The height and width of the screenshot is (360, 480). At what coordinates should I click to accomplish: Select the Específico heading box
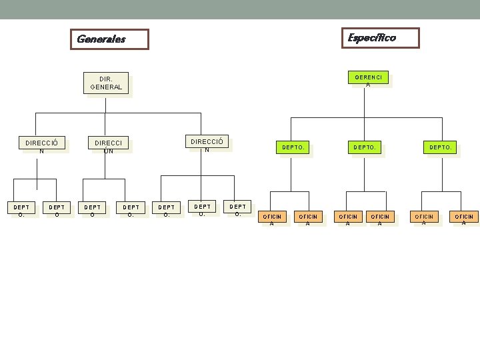coord(380,38)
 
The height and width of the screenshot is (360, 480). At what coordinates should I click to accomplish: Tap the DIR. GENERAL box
coord(106,83)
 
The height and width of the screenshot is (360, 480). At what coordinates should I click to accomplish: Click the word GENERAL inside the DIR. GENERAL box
coord(106,87)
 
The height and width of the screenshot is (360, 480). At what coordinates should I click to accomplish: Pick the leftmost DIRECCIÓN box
coord(41,146)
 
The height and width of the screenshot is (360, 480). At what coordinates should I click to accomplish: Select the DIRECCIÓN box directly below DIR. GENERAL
coord(108,146)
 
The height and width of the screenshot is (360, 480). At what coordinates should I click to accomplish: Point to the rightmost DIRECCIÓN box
coord(207,144)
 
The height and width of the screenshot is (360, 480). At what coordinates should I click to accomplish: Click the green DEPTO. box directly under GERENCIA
coord(365,147)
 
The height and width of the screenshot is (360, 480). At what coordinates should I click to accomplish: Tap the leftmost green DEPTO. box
coord(293,147)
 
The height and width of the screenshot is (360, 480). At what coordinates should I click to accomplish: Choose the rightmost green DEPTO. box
coord(441,147)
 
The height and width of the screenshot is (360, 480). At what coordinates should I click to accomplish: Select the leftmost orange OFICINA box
coord(272,219)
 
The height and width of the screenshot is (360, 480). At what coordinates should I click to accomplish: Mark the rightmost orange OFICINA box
coord(464,219)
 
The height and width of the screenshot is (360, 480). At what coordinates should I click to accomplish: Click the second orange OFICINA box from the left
coord(308,219)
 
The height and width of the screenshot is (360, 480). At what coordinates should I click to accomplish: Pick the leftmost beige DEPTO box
coord(21,211)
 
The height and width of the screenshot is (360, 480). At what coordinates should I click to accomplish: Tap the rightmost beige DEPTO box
coord(238,210)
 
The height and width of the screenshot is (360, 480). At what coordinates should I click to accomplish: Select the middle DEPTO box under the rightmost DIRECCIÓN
coord(202,210)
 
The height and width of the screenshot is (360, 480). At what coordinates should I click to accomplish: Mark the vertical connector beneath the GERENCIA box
coord(365,103)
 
